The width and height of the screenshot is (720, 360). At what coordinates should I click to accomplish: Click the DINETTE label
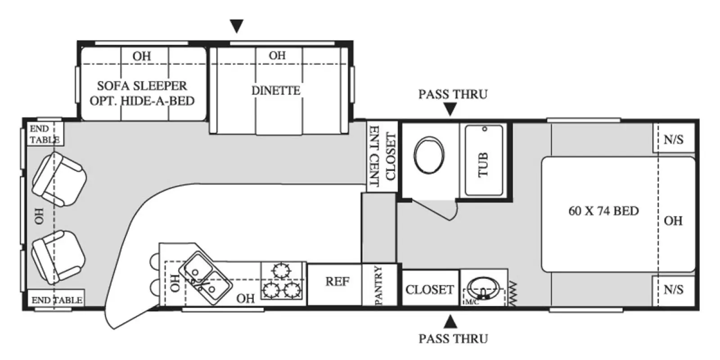pos(276,90)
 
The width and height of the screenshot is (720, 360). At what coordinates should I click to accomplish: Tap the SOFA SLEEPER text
pos(142,86)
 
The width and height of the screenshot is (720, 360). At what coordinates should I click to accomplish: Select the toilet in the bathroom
pos(429,155)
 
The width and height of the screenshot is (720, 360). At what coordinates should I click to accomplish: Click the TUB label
pos(483,165)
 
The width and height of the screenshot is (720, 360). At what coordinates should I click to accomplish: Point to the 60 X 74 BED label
pos(603,211)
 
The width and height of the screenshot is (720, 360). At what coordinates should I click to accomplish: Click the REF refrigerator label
pos(337,282)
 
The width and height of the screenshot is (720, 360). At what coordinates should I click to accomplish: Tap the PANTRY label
pos(378,285)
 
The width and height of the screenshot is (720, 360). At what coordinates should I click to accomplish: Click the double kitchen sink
pos(205,279)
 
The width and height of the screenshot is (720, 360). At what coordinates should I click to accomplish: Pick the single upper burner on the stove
pos(281,270)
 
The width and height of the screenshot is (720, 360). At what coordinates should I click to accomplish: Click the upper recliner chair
pos(59,180)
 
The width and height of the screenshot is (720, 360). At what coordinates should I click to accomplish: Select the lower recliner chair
pos(58,257)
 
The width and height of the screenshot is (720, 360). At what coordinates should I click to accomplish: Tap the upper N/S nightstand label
pos(674,139)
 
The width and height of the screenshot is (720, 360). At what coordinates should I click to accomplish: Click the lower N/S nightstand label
pos(674,290)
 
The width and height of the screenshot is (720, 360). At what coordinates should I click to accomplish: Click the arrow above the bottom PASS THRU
pos(450,321)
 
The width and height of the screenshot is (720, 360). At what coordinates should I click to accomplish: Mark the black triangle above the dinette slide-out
pos(237,27)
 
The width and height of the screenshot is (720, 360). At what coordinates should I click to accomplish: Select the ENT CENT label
pos(374,156)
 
